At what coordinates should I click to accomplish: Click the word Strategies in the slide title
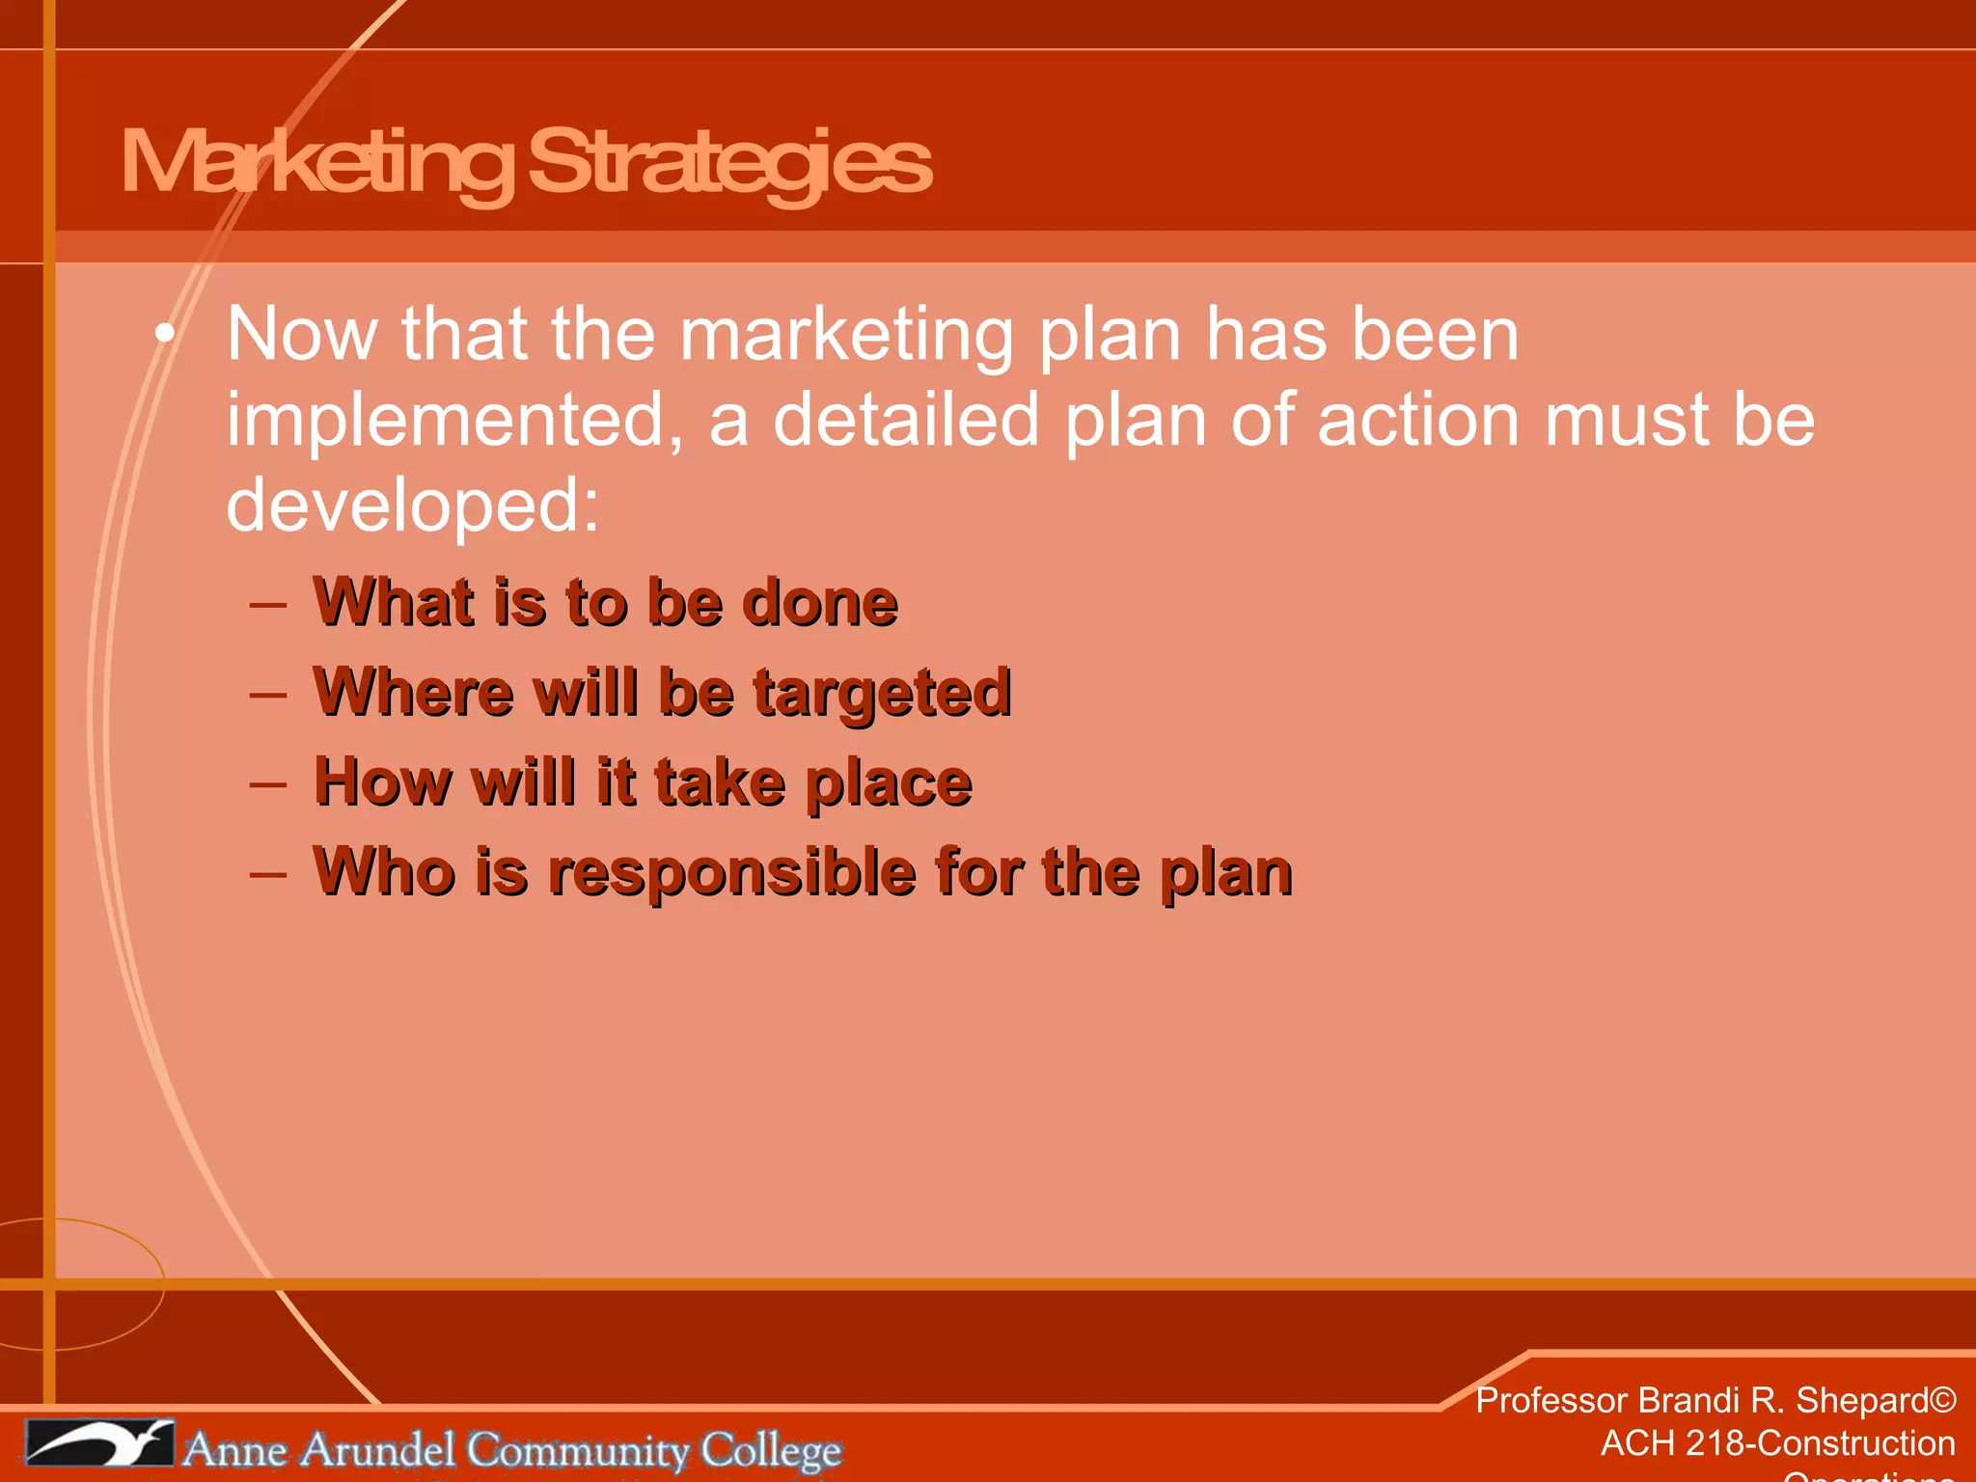pyautogui.click(x=729, y=163)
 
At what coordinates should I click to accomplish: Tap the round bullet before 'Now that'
pyautogui.click(x=165, y=334)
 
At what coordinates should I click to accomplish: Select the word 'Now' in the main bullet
pyautogui.click(x=301, y=334)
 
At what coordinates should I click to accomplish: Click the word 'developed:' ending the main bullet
pyautogui.click(x=413, y=505)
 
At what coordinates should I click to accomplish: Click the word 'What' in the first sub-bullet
pyautogui.click(x=395, y=602)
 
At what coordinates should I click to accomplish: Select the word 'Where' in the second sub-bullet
pyautogui.click(x=413, y=692)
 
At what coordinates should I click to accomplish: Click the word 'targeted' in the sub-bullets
pyautogui.click(x=882, y=694)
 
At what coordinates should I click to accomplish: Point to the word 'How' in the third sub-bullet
pyautogui.click(x=383, y=782)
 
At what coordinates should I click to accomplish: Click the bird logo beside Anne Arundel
pyautogui.click(x=99, y=1443)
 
